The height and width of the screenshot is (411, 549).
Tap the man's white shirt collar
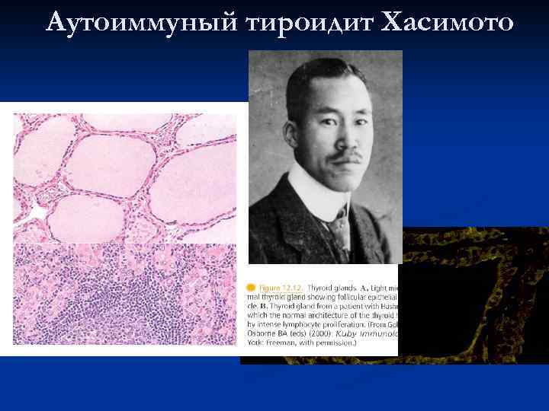click(x=309, y=199)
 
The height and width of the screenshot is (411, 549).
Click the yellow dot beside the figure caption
click(x=250, y=287)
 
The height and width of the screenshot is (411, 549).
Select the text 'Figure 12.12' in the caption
click(x=280, y=287)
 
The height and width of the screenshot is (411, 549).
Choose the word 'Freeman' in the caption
click(x=278, y=343)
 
